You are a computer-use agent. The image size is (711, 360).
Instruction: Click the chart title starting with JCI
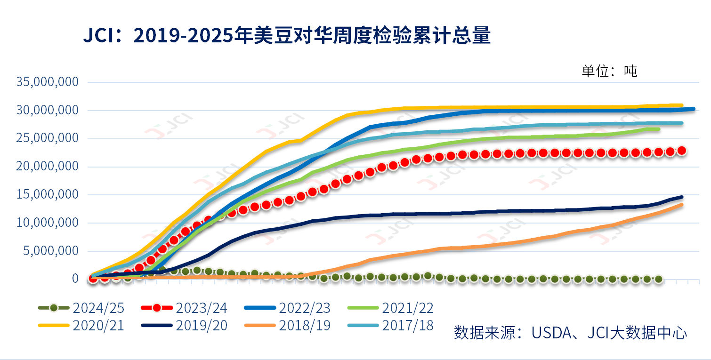287,36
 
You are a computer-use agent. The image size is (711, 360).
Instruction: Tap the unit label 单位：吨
609,71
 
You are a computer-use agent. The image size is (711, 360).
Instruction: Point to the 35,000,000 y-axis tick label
47,82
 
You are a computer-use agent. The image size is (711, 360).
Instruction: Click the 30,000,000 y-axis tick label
47,110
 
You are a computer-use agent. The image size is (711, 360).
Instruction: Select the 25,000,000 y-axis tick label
47,138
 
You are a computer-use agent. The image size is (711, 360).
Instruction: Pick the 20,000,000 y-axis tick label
47,167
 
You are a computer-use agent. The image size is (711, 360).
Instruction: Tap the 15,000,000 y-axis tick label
47,195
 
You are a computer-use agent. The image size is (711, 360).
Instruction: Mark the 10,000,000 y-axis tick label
47,223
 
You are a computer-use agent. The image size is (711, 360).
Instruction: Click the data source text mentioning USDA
570,332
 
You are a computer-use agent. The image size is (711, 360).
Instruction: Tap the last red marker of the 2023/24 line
681,151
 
